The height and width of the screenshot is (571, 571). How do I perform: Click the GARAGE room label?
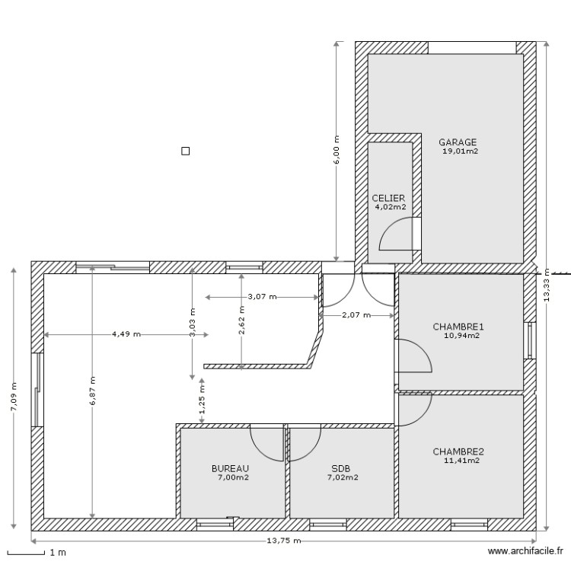(x=458, y=142)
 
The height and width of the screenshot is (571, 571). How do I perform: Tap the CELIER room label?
(x=389, y=197)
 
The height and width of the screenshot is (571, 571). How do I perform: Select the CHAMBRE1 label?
(x=458, y=327)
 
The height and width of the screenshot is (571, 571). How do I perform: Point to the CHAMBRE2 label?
(x=458, y=451)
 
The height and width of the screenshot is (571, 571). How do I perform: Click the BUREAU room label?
(x=230, y=469)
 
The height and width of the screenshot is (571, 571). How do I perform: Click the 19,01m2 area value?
(x=460, y=151)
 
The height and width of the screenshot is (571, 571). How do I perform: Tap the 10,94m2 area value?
(x=461, y=336)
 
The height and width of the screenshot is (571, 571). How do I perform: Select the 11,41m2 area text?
(x=461, y=460)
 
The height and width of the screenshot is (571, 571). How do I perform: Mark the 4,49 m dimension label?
(x=126, y=333)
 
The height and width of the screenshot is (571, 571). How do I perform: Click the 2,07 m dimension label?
(x=356, y=314)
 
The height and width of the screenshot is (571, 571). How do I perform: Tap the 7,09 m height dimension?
(x=12, y=397)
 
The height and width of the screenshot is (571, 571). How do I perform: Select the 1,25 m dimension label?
(x=202, y=409)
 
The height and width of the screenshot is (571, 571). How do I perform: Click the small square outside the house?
(x=184, y=151)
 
